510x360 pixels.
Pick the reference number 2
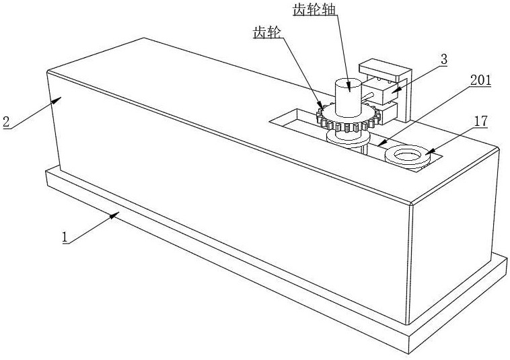[6, 122]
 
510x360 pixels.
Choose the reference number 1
[65, 237]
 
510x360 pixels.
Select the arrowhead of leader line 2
[60, 99]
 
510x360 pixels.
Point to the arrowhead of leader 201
[378, 144]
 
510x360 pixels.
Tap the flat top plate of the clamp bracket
[385, 68]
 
